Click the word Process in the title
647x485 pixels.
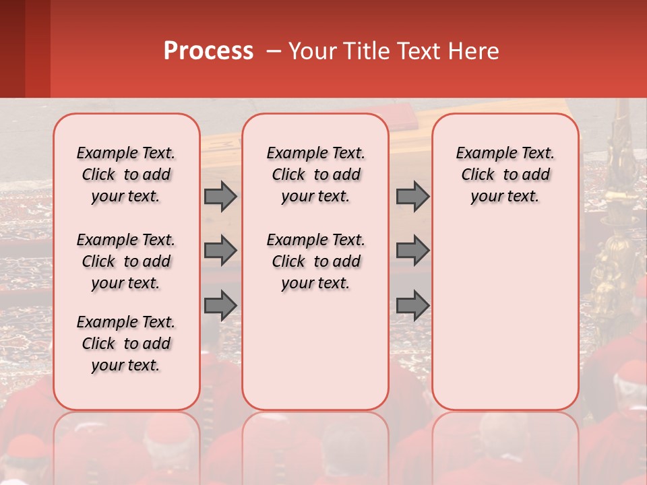(x=208, y=51)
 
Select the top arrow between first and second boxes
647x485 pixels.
(x=220, y=197)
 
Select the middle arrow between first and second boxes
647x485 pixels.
(x=220, y=251)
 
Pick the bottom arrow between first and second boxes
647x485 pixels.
(x=220, y=306)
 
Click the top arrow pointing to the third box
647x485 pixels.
(x=412, y=197)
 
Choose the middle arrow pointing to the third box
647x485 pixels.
(x=412, y=251)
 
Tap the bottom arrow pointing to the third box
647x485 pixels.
(x=412, y=306)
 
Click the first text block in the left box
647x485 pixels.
(x=126, y=174)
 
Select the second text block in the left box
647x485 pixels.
(x=126, y=261)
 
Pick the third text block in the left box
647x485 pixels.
(x=126, y=344)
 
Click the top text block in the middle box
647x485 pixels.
(x=315, y=174)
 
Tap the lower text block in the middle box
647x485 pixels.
(x=315, y=261)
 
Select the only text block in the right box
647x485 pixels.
(x=505, y=174)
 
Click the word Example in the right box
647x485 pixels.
(x=481, y=154)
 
